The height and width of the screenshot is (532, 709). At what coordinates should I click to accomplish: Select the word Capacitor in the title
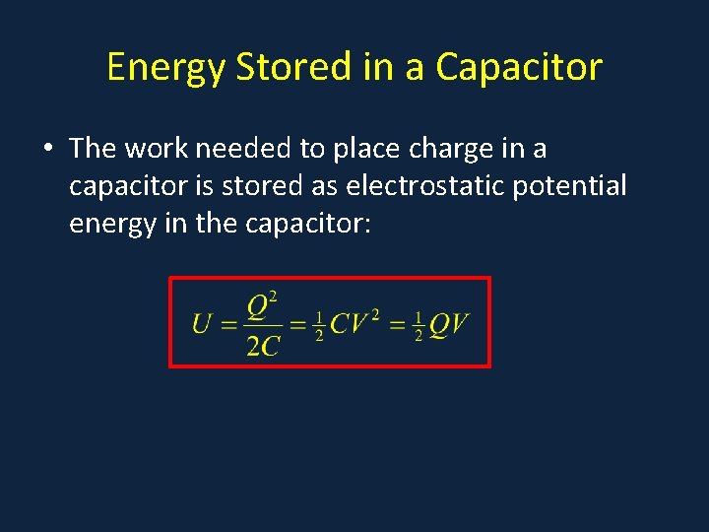519,67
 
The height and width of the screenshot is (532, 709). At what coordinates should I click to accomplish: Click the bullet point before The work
48,150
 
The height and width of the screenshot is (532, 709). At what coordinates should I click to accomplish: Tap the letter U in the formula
203,323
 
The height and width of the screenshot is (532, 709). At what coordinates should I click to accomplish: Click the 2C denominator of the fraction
263,345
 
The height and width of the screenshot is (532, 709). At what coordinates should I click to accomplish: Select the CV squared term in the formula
355,322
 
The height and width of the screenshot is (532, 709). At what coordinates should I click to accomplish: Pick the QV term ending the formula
449,323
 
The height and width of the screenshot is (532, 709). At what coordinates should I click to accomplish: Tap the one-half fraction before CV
318,324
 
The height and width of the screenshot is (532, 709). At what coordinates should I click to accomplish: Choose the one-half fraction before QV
419,324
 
